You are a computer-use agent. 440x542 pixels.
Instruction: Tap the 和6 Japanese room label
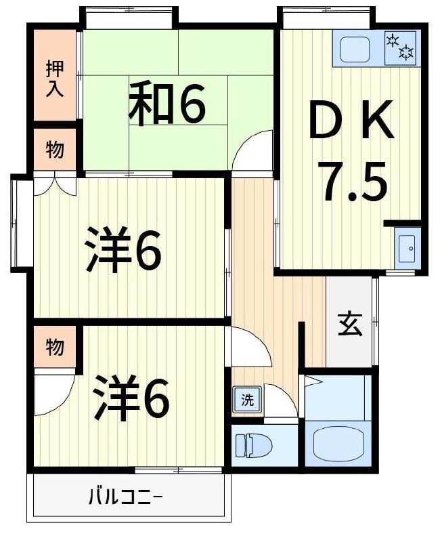point(167,104)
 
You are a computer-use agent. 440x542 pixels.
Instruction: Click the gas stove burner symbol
point(400,47)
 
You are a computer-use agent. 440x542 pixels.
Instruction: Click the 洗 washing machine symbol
point(247,400)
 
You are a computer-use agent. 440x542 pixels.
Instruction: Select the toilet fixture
point(253,446)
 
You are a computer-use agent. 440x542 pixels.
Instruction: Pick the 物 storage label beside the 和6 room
point(55,150)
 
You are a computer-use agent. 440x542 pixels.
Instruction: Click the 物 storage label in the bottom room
point(55,347)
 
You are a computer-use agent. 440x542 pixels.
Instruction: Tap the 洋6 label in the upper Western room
point(124,251)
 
